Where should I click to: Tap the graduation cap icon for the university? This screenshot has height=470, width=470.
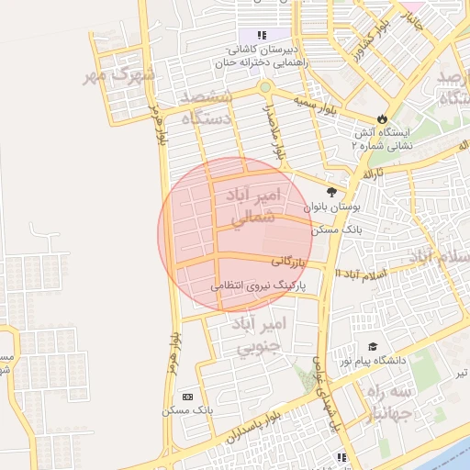pyautogui.click(x=373, y=346)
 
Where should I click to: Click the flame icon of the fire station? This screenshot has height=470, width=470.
pyautogui.click(x=383, y=118)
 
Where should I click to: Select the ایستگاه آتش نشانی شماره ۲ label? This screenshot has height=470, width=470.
pyautogui.click(x=384, y=138)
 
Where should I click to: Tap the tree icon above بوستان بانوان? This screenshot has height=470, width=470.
pyautogui.click(x=331, y=192)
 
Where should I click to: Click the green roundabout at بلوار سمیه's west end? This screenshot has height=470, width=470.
pyautogui.click(x=264, y=87)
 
